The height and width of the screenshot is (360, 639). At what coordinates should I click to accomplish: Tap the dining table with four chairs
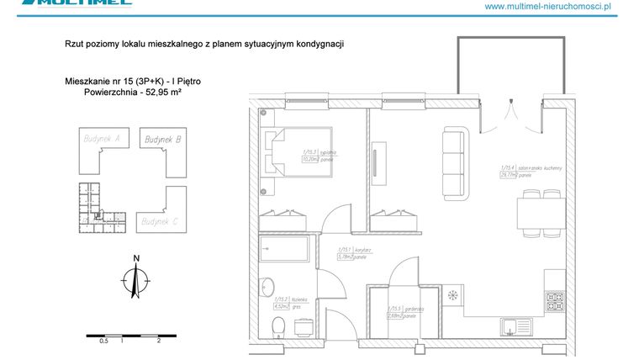coord(540,214)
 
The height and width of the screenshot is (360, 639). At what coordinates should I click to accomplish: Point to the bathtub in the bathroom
coord(284,250)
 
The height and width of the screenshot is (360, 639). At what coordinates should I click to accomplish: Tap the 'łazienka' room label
coord(304,299)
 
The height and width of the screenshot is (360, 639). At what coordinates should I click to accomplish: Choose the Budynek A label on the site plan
coord(100,138)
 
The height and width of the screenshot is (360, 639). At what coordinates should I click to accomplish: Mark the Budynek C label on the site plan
coord(160,221)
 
